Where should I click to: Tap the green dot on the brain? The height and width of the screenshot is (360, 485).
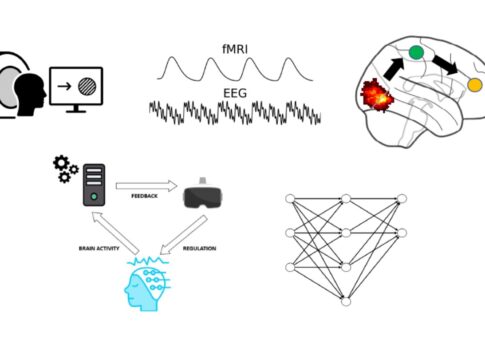click(x=415, y=52)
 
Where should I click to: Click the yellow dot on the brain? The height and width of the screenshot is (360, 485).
click(x=474, y=85)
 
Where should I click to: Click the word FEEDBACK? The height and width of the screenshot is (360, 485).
click(x=146, y=196)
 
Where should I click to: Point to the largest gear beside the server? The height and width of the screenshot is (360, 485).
click(x=58, y=163)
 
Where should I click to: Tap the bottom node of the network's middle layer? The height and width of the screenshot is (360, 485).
click(x=345, y=301)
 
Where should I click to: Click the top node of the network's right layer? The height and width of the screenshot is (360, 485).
click(x=400, y=198)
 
